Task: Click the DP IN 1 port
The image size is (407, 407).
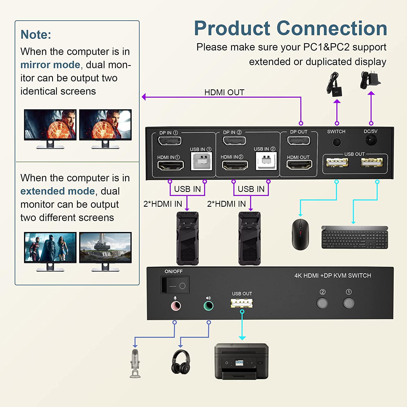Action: click(170, 141)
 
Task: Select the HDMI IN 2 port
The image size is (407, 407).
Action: click(235, 165)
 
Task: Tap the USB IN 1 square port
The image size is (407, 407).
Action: click(201, 161)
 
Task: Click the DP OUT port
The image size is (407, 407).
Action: click(298, 141)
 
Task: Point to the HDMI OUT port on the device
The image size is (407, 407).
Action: click(299, 164)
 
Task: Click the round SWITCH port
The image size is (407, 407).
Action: click(336, 142)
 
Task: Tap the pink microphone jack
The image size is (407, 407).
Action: click(176, 306)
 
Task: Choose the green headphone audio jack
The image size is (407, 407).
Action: click(208, 306)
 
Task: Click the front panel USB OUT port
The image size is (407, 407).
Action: click(241, 303)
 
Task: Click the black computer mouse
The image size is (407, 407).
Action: click(300, 234)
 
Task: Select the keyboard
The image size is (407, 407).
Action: click(355, 237)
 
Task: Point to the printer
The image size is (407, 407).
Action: click(241, 361)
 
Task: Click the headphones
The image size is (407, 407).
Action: click(180, 362)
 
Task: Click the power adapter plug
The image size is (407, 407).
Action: click(370, 80)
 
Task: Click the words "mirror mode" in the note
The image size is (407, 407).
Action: click(50, 65)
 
